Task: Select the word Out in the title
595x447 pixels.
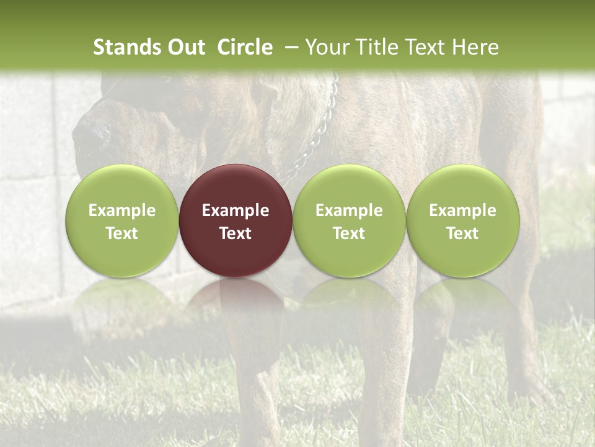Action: point(185,47)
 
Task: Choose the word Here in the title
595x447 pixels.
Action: point(475,47)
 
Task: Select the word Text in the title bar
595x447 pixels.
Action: point(427,47)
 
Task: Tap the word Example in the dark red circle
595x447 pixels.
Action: point(236,210)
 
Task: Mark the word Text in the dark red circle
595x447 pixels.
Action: point(236,233)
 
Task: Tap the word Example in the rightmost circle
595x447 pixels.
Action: point(462,210)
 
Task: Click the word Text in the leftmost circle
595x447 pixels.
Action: point(122,233)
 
